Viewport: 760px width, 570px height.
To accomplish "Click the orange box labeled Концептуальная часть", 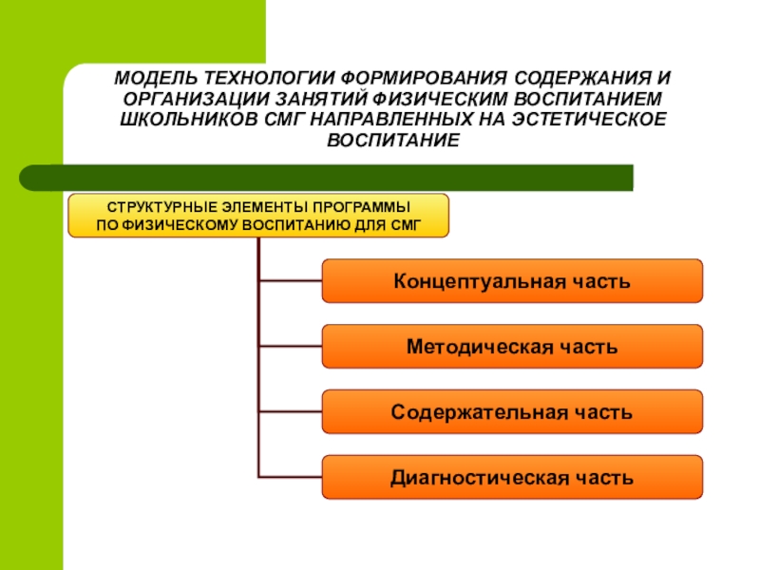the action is pos(512,281).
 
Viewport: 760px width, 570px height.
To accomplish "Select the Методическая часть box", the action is pos(512,347).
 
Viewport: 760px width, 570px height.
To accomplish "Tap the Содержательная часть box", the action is pos(512,412).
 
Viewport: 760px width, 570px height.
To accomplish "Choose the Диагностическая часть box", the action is pos(512,478).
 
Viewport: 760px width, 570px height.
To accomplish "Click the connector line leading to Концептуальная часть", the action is pos(290,281).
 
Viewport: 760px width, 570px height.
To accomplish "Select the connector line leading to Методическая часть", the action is pos(290,347).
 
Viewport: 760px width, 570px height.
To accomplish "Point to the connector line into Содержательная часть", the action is pos(290,412).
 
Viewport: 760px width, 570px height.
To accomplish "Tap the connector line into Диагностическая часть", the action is pos(290,477).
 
